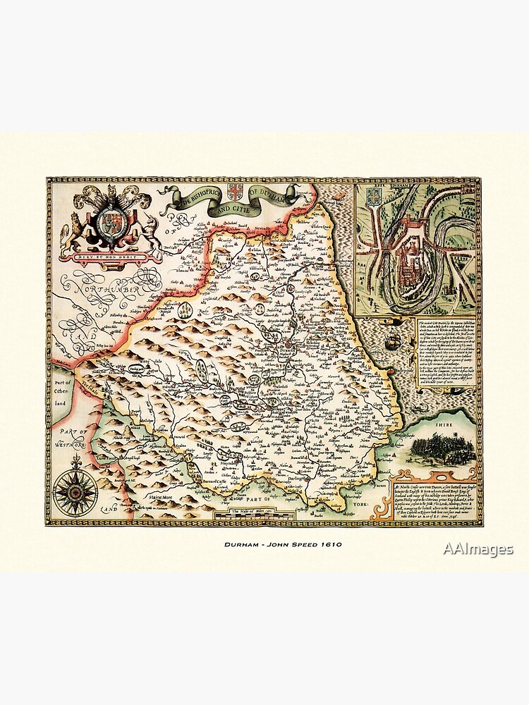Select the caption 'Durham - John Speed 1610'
pyautogui.click(x=264, y=545)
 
